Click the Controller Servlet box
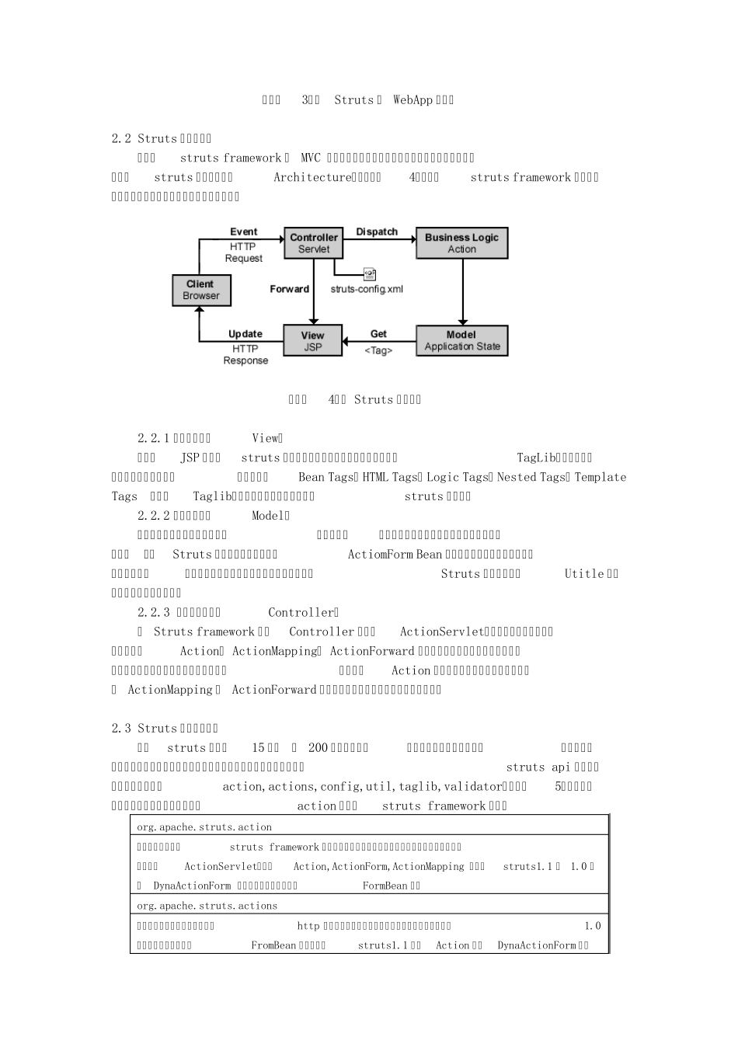click(x=314, y=243)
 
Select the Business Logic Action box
click(x=461, y=243)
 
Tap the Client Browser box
click(x=201, y=290)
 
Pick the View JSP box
click(x=312, y=341)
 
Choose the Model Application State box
click(x=461, y=341)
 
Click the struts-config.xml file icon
click(x=370, y=274)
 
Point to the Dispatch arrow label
click(x=377, y=231)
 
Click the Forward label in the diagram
click(x=289, y=289)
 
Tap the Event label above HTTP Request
click(x=243, y=231)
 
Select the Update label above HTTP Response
click(x=245, y=334)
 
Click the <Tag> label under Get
click(x=378, y=350)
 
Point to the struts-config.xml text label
click(x=367, y=289)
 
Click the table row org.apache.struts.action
click(x=204, y=827)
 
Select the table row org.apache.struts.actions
click(x=207, y=906)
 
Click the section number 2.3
click(x=121, y=728)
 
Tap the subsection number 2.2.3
click(x=154, y=612)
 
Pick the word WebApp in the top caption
click(x=413, y=99)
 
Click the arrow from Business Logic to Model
click(x=463, y=292)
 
